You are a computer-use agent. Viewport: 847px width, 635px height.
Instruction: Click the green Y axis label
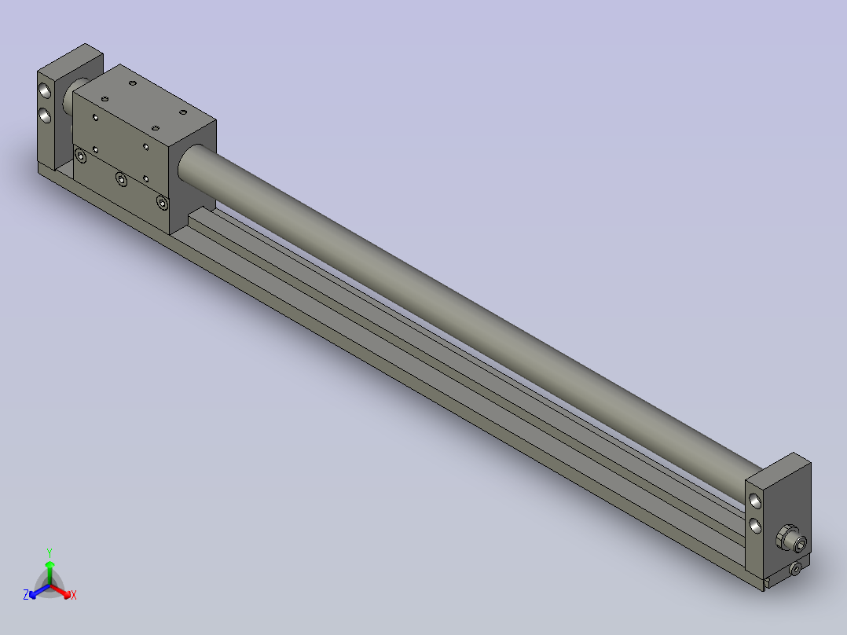[49, 552]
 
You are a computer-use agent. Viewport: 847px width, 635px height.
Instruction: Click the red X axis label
[73, 596]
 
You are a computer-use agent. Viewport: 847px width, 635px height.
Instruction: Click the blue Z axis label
[26, 595]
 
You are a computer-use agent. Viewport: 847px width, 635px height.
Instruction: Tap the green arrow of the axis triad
[49, 567]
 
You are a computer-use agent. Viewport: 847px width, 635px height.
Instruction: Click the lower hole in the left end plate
[46, 116]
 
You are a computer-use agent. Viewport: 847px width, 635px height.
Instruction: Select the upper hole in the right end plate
[755, 500]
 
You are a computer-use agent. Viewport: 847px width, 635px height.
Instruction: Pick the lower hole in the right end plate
[755, 524]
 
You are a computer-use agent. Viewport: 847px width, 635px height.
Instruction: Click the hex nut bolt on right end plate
[788, 540]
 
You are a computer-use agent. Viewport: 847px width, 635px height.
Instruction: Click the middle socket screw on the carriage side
[120, 180]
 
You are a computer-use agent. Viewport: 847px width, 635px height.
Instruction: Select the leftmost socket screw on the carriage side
[80, 157]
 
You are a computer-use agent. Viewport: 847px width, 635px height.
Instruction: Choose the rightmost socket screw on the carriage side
[162, 204]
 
